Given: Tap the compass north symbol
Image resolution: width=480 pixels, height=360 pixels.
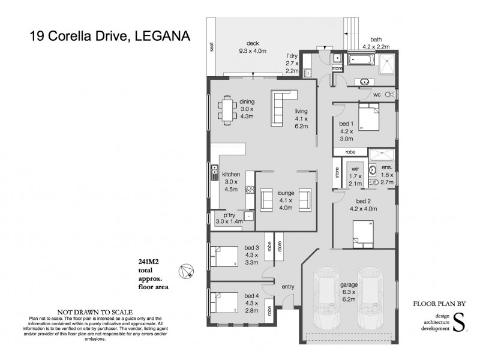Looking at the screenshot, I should pos(189,271).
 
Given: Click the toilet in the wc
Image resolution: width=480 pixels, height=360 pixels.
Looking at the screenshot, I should pos(391,94).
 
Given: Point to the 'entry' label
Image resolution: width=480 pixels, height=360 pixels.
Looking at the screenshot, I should pos(288,287).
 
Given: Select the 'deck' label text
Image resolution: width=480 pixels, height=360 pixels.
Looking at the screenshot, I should pos(253,43).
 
